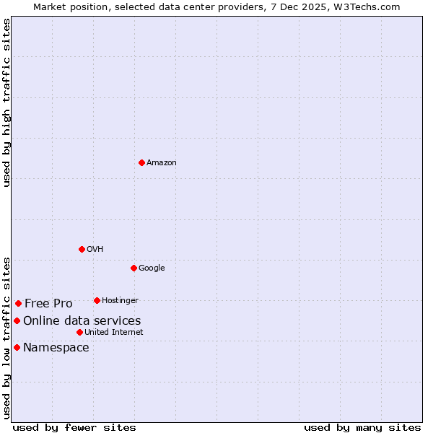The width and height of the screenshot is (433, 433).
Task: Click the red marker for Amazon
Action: pyautogui.click(x=141, y=162)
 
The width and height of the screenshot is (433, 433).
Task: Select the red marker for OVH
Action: pyautogui.click(x=82, y=249)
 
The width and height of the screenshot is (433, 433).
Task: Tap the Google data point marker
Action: pyautogui.click(x=134, y=268)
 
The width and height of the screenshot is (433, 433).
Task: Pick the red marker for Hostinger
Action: pyautogui.click(x=97, y=300)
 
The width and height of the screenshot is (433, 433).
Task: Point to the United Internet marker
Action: pyautogui.click(x=79, y=332)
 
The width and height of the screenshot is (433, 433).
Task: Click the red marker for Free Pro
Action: pyautogui.click(x=18, y=303)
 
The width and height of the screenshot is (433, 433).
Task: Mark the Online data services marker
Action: pyautogui.click(x=17, y=320)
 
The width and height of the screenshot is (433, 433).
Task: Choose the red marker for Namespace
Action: pyautogui.click(x=17, y=347)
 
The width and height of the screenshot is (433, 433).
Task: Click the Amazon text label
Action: pyautogui.click(x=162, y=163)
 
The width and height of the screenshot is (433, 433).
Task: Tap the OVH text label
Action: pyautogui.click(x=95, y=250)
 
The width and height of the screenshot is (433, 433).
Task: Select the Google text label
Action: pyautogui.click(x=152, y=268)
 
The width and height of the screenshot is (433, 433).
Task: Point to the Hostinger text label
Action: pyautogui.click(x=120, y=301)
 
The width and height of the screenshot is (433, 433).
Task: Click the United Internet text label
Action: pyautogui.click(x=114, y=333)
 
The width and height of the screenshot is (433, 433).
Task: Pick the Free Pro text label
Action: pyautogui.click(x=48, y=304)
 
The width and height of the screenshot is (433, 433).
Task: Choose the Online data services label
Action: pyautogui.click(x=82, y=321)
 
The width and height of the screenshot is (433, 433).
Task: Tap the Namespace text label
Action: pyautogui.click(x=56, y=348)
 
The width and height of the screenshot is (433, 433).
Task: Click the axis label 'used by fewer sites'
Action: pyautogui.click(x=74, y=427)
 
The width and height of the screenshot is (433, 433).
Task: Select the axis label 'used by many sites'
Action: pyautogui.click(x=362, y=427)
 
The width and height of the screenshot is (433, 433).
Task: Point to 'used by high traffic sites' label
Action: pyautogui.click(x=6, y=102)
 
